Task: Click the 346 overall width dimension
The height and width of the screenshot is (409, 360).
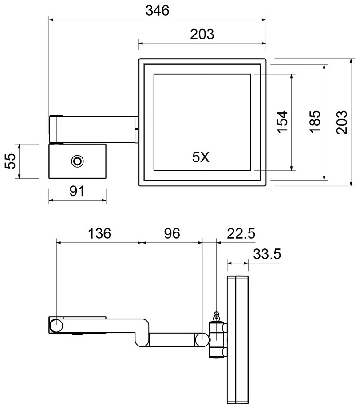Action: tap(158, 11)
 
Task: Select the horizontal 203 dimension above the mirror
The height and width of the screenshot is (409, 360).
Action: tap(202, 34)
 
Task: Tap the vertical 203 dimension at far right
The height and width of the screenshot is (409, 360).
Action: tap(342, 122)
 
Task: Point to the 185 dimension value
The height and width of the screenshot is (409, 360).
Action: tap(315, 122)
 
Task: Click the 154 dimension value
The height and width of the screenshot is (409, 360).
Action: tap(282, 122)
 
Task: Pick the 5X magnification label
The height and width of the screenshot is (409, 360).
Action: tap(201, 157)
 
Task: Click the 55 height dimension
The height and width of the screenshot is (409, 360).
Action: tap(11, 161)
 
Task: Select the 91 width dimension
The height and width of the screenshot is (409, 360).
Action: tap(77, 191)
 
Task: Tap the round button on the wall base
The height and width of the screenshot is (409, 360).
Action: tap(77, 161)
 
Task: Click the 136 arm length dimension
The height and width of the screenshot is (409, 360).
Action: tap(99, 233)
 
